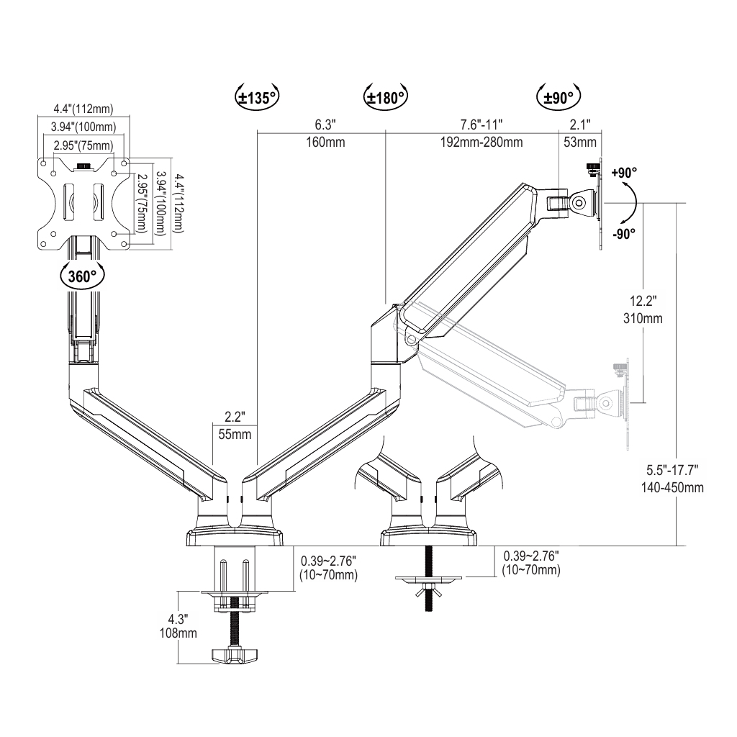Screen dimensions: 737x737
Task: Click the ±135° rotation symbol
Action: (x=256, y=98)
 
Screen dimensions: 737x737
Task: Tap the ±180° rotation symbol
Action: (x=386, y=98)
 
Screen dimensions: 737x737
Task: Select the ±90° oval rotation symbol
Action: (x=559, y=98)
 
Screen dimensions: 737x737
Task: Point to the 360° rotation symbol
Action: (x=81, y=276)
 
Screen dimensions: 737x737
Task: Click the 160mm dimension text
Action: (x=325, y=142)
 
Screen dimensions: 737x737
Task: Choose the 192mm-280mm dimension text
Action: (x=481, y=142)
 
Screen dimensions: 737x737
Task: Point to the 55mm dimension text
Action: (x=235, y=434)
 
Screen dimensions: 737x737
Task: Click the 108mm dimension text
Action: (x=178, y=633)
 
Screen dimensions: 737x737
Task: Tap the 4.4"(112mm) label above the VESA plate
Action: (x=83, y=109)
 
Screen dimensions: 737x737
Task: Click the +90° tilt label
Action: (x=624, y=173)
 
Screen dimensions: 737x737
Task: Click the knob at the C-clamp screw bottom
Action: (x=232, y=655)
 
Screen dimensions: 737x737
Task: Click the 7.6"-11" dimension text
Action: (x=481, y=124)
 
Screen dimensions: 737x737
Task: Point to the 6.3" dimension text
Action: (x=325, y=124)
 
